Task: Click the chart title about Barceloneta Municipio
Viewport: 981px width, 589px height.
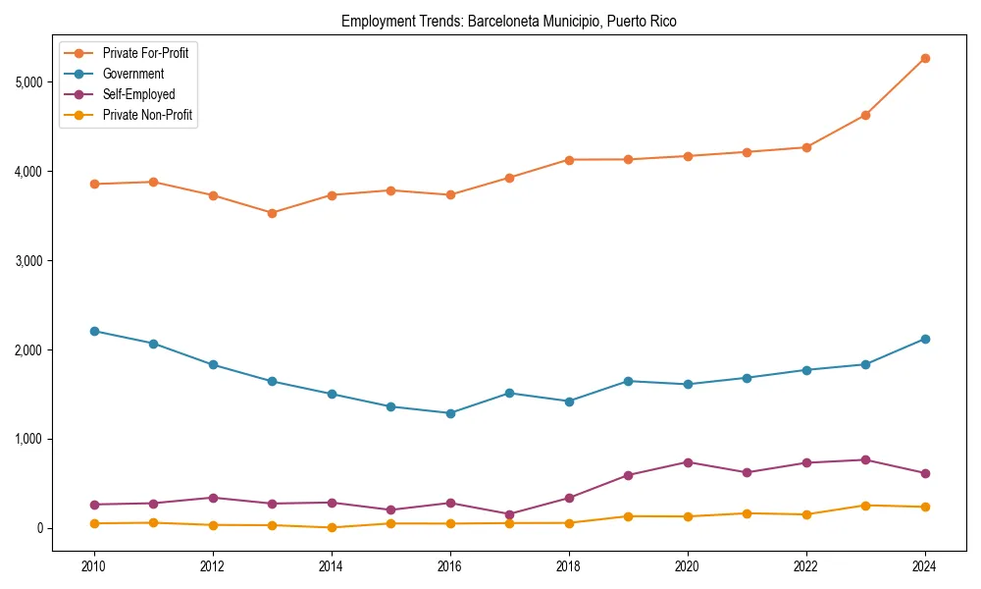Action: click(x=509, y=21)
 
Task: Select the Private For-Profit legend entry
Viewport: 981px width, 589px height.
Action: click(x=145, y=53)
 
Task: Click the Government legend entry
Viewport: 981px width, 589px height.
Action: click(x=133, y=74)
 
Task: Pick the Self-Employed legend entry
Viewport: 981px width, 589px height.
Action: click(x=138, y=94)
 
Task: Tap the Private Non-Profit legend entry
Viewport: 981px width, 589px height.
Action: click(x=147, y=115)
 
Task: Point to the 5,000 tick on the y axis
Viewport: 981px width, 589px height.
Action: click(x=28, y=82)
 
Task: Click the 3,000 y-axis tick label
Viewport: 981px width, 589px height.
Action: click(x=28, y=261)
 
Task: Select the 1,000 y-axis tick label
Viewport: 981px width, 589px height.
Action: click(x=28, y=439)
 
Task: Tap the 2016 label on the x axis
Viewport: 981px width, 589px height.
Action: click(x=449, y=566)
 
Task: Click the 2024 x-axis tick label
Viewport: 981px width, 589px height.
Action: click(x=924, y=566)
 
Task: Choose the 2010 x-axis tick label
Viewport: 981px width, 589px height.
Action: click(x=94, y=566)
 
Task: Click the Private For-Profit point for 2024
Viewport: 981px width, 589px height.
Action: click(x=924, y=58)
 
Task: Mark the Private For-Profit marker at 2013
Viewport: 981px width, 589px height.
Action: click(x=272, y=213)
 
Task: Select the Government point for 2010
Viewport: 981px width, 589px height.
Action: click(x=94, y=331)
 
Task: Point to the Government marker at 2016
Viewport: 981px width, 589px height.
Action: click(x=449, y=413)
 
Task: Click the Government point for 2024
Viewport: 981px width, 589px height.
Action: click(x=924, y=339)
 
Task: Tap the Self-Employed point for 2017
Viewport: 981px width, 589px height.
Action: click(x=509, y=514)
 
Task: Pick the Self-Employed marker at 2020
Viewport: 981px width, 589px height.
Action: click(x=687, y=462)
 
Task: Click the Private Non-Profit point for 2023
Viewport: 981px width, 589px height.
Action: click(x=865, y=506)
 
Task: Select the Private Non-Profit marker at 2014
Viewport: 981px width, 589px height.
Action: click(x=332, y=527)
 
